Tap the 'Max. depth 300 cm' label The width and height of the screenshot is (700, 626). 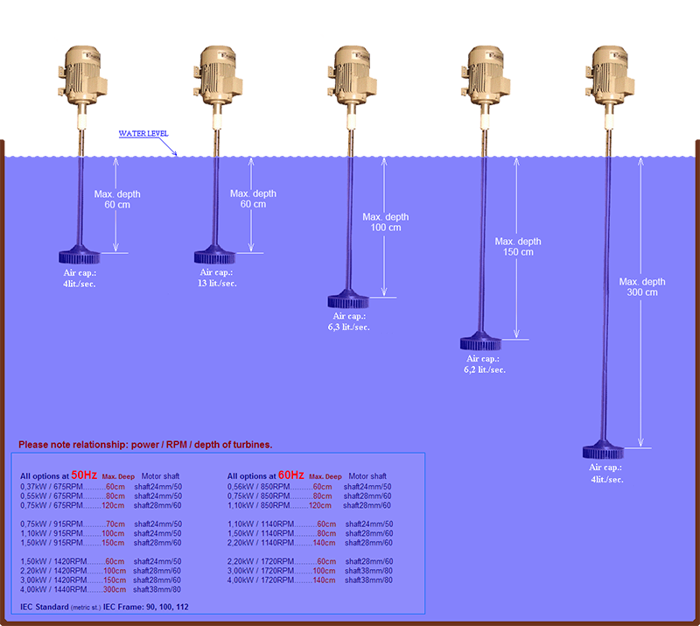coord(642,287)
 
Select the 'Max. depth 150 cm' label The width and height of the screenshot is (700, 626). coord(518,247)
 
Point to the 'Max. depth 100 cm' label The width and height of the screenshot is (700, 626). coord(386,222)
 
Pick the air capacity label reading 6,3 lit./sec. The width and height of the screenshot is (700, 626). coord(347,321)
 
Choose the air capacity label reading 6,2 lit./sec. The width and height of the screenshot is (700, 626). coord(485,364)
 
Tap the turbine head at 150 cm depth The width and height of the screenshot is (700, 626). coord(482,341)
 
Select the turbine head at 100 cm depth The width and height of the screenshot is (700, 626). coord(348,301)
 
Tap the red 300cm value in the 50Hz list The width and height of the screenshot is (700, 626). coord(115,589)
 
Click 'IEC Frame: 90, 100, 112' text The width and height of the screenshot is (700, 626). coord(146,607)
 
